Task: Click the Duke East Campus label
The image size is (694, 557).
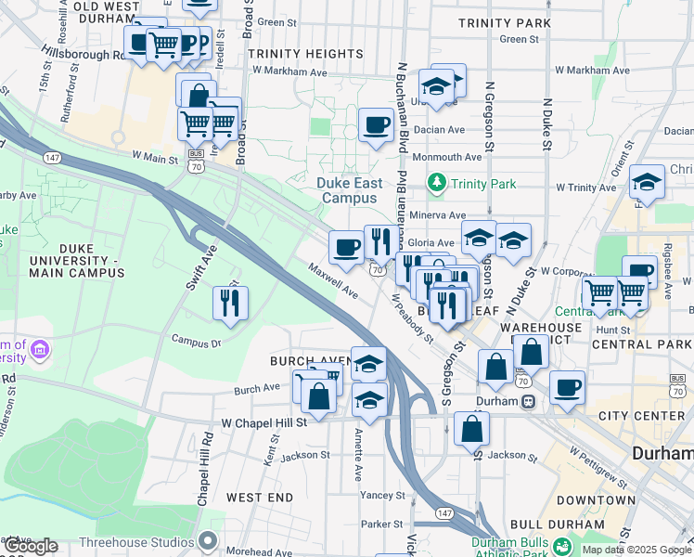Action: [x=348, y=190]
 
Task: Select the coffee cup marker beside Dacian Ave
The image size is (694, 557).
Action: [x=376, y=124]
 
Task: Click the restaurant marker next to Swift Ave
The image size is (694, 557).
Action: [x=229, y=303]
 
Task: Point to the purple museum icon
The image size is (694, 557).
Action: [x=39, y=350]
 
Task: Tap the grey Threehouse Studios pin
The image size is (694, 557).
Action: [x=208, y=539]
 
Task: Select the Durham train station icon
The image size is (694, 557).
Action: [x=528, y=402]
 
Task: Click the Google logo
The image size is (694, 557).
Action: [x=31, y=547]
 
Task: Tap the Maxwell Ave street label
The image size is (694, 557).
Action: [x=334, y=279]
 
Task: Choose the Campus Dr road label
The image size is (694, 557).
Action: [x=195, y=341]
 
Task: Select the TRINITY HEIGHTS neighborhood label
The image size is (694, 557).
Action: [x=305, y=55]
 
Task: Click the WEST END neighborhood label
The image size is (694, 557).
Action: [x=260, y=498]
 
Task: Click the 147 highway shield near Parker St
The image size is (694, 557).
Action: [x=444, y=512]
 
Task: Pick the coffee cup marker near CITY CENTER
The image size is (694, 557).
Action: [x=567, y=388]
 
